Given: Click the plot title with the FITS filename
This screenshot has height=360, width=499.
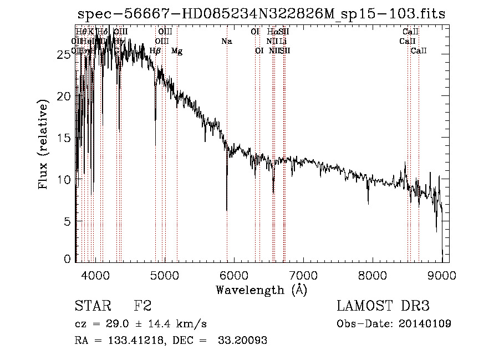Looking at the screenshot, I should tap(261, 14).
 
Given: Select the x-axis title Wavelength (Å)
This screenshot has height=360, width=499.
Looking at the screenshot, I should tap(261, 290).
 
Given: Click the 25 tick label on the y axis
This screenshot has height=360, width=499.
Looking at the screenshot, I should tap(65, 54).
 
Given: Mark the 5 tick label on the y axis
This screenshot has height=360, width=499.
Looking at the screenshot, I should tap(68, 221).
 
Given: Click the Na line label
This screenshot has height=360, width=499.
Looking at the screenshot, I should tap(226, 41).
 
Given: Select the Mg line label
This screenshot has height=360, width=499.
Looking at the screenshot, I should tap(177, 51).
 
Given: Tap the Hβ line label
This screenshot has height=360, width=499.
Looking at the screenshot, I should tap(155, 51).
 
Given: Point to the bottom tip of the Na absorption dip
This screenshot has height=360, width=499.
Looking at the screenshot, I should tap(227, 210).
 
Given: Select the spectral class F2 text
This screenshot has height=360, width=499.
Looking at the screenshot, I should tap(142, 306).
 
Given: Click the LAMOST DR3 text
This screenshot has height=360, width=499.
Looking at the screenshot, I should tap(383, 306).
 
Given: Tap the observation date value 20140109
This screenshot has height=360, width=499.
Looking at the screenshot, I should tap(426, 323).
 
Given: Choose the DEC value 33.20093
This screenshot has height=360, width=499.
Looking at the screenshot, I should tap(245, 340).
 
